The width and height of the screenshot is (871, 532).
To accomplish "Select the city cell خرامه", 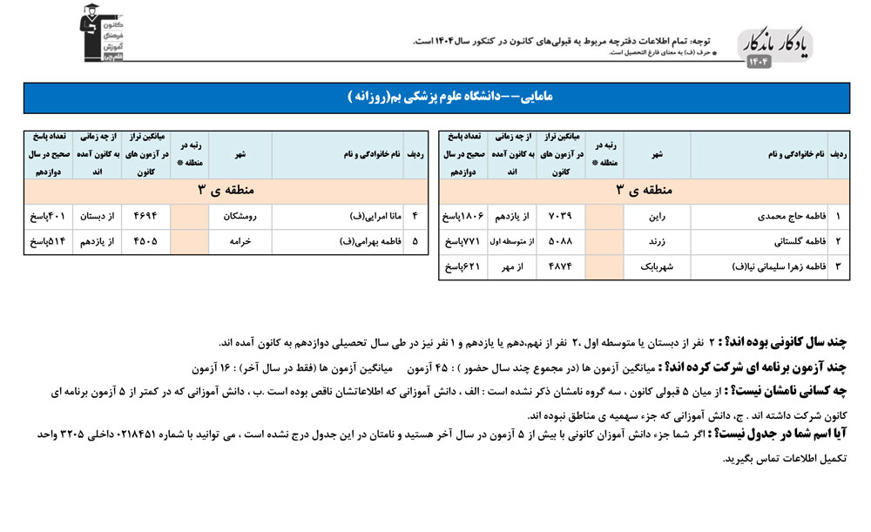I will click(x=240, y=241).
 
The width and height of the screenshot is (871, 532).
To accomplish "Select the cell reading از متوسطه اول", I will click(x=512, y=240).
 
